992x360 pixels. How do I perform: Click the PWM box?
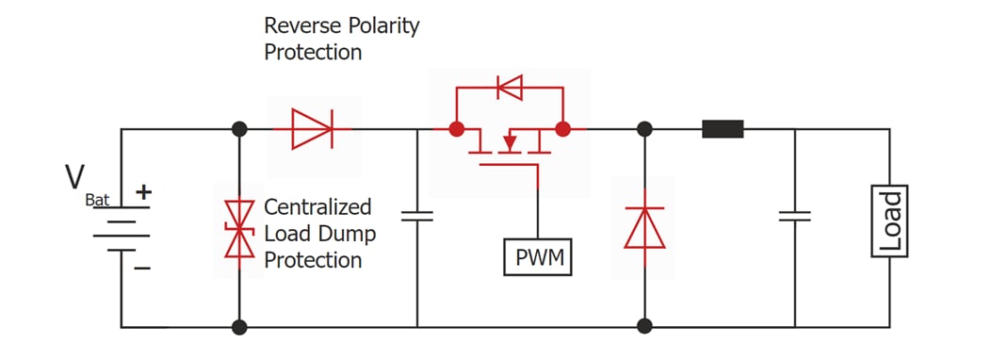click(538, 257)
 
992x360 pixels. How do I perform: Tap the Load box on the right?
click(889, 221)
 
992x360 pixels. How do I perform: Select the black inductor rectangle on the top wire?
click(723, 129)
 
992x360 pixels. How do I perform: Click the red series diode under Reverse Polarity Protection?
click(312, 129)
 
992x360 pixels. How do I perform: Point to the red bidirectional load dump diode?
click(239, 228)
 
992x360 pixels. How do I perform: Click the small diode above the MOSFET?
click(510, 89)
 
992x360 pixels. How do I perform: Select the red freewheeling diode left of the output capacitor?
click(644, 227)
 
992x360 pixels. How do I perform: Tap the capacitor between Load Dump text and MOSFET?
click(416, 217)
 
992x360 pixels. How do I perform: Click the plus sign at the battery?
click(143, 192)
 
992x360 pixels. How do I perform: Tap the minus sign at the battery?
click(142, 268)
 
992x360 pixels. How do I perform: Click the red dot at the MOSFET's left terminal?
click(457, 129)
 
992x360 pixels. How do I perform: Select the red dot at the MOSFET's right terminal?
click(563, 129)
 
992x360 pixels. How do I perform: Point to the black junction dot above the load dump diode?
click(239, 129)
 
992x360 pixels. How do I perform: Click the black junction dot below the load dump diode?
click(239, 327)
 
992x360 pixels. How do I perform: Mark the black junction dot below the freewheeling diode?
click(644, 327)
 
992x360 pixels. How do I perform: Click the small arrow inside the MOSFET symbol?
click(509, 142)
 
